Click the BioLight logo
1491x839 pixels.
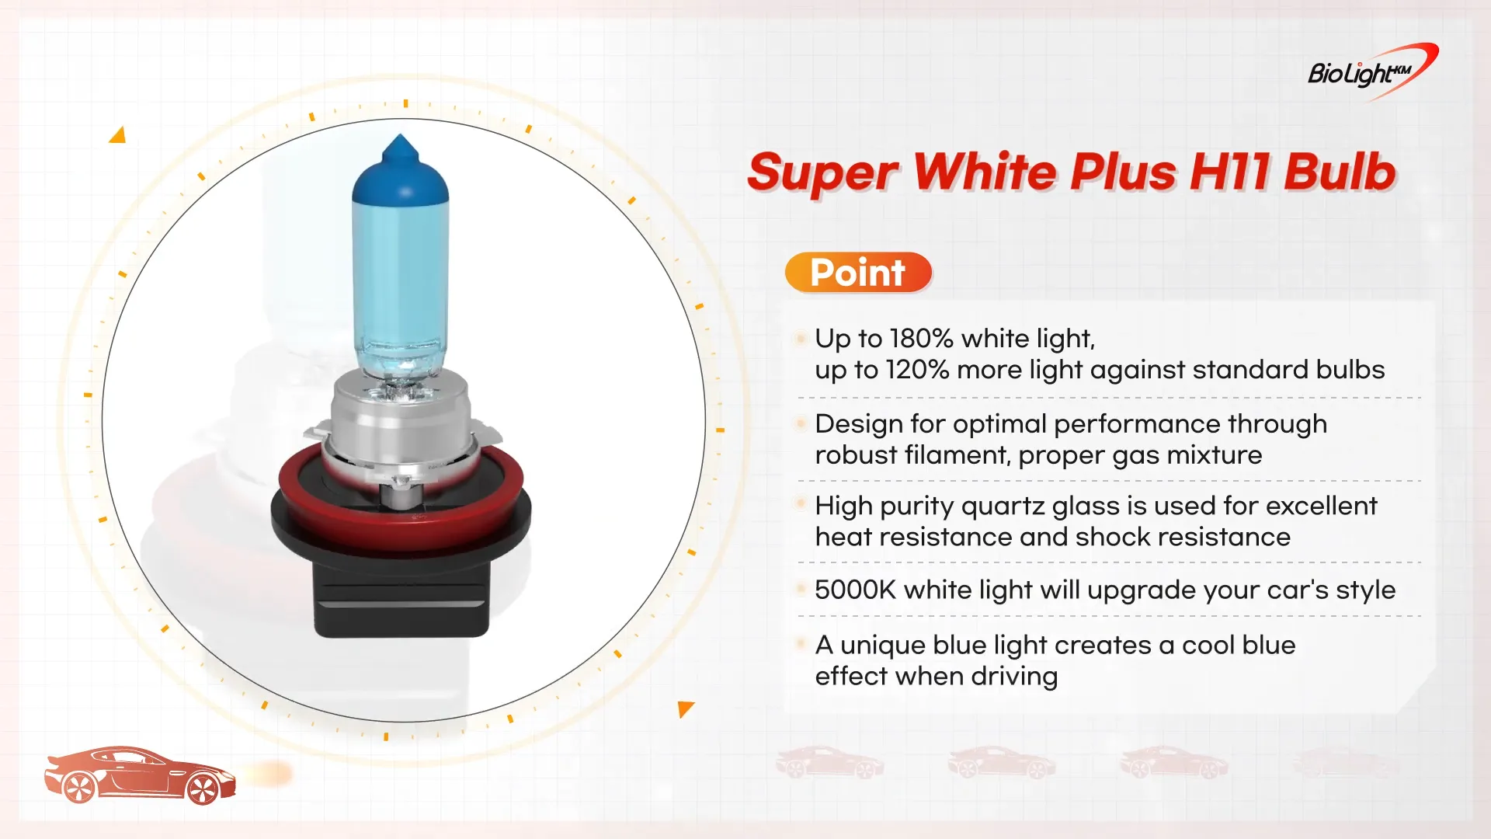pos(1373,71)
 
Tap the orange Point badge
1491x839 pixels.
pos(858,273)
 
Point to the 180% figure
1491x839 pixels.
pos(922,339)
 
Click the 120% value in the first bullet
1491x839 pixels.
pos(917,370)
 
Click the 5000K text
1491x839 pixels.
pos(856,590)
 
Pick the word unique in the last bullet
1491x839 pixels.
pos(883,646)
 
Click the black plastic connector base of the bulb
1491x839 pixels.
pos(401,594)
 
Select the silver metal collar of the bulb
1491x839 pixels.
pos(401,423)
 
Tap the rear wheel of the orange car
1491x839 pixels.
pos(78,787)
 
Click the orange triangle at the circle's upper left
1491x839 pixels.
pos(118,135)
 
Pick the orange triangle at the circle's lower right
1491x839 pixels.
pos(685,708)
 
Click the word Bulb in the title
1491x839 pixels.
pos(1340,172)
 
